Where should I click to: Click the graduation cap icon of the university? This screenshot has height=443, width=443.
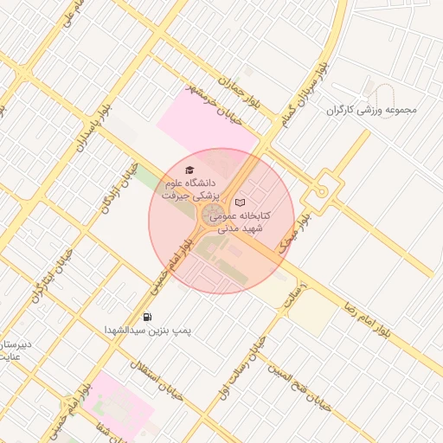[190, 170]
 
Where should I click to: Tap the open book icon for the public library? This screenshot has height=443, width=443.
[240, 202]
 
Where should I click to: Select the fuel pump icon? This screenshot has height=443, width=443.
[147, 316]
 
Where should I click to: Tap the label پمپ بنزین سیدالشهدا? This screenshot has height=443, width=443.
[147, 331]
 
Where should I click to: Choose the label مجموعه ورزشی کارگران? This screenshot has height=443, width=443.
[371, 110]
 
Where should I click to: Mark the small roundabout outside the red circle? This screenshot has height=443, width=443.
[322, 189]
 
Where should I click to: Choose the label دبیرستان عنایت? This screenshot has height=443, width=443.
[15, 350]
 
